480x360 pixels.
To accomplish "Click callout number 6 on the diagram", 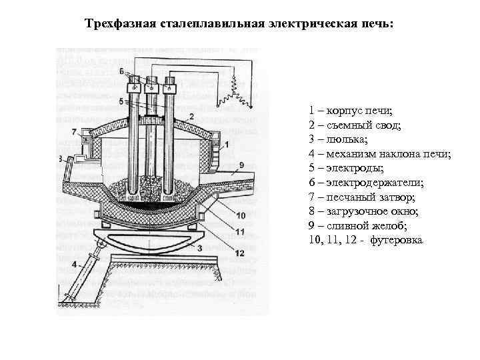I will (121, 71).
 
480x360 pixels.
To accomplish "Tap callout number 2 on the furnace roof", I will (191, 116).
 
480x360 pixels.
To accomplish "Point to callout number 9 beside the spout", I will (241, 164).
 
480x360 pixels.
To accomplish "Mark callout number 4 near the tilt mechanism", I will (73, 265).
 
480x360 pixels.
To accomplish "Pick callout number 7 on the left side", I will (74, 131).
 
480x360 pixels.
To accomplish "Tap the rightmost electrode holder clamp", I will (170, 86).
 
